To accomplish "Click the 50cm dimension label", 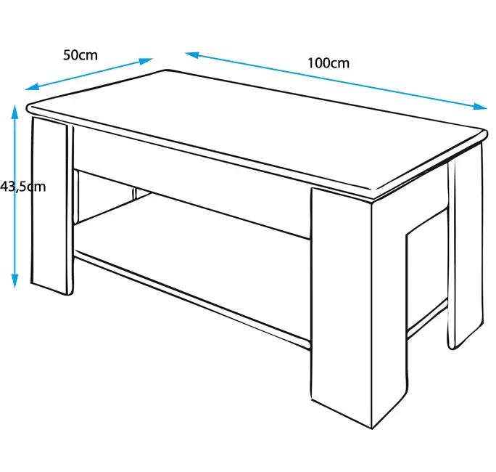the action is point(80,55).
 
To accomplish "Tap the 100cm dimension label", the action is point(328,63).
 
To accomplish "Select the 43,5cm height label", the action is point(22,187).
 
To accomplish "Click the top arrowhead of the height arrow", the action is point(15,112).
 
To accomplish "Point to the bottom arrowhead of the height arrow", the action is point(15,281).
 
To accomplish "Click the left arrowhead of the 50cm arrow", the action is point(32,86).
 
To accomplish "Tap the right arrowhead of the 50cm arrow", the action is point(146,60).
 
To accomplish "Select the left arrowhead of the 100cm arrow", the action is point(192,54).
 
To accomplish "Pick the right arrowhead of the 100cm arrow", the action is point(480,107).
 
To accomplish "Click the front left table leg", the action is point(51,206).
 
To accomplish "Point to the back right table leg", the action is point(466,247).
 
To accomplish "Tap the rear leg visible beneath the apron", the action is point(134,194).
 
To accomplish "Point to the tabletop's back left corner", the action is point(167,70).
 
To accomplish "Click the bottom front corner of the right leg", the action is point(372,429).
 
